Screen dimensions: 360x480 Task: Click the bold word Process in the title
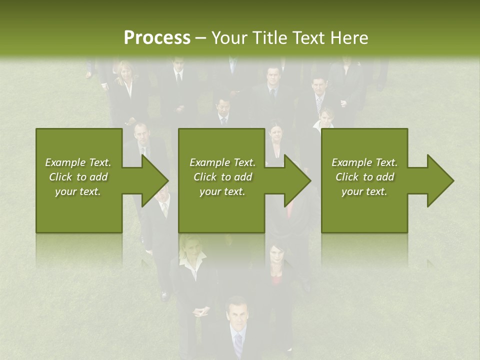[x=157, y=37]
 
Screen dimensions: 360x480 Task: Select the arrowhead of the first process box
[x=155, y=180]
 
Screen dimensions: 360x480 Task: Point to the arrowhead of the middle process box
[x=298, y=180]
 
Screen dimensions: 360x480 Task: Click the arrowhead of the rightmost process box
[x=440, y=180]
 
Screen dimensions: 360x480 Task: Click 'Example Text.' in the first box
[x=78, y=162]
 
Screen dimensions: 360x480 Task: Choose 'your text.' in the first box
[x=78, y=191]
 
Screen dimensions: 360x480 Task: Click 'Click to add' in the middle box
[x=222, y=177]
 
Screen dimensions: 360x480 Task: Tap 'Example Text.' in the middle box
[x=222, y=162]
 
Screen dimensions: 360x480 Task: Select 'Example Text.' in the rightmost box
[x=364, y=162]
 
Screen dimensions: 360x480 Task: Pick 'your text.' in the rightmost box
[x=364, y=191]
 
